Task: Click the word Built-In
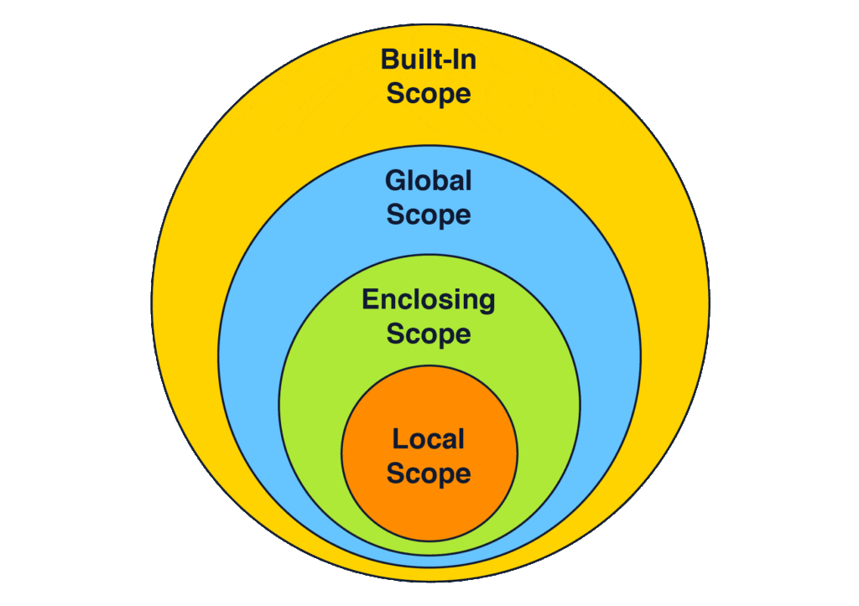(x=429, y=60)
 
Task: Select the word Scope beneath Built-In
(x=429, y=93)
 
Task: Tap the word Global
(x=429, y=180)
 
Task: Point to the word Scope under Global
(x=429, y=215)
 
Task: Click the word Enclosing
(x=429, y=300)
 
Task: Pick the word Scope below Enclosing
(x=429, y=334)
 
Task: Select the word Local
(x=429, y=438)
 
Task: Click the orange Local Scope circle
(x=429, y=511)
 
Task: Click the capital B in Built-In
(x=389, y=60)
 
